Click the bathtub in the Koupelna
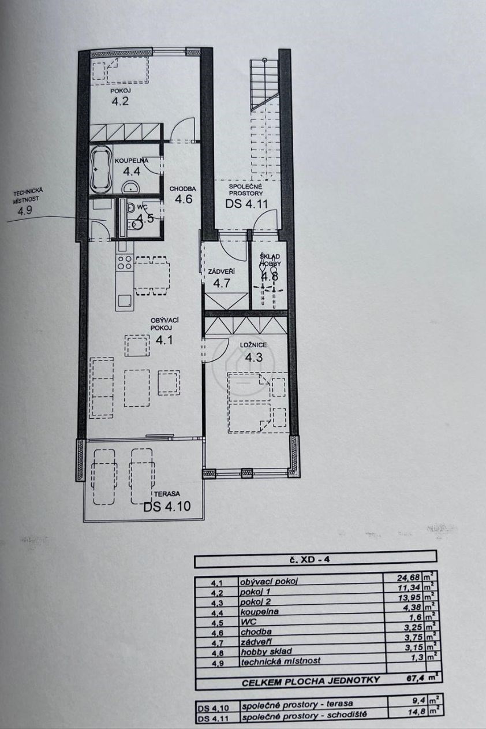pos(101,170)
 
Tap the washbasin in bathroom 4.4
pos(130,188)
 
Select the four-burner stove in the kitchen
pos(124,263)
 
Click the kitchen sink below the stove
pos(124,300)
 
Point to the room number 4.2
pos(120,101)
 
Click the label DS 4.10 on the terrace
pos(167,507)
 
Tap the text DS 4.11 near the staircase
pos(246,204)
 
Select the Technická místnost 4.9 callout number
pos(25,211)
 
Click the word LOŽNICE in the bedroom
pos(253,345)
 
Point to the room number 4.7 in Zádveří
pos(222,283)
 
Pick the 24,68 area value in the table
pos(409,587)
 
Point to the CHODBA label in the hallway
pos(183,189)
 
